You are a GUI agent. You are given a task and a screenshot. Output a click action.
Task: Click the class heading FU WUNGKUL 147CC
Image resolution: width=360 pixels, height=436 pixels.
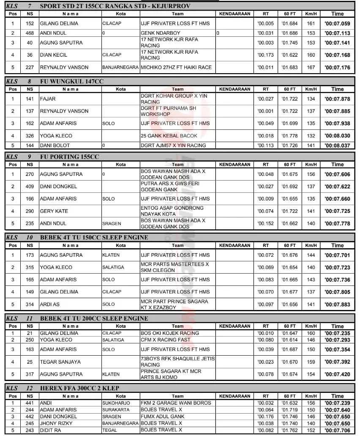coord(71,81)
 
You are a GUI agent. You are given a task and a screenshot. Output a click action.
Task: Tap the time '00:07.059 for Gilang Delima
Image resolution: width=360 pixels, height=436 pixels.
coord(337,24)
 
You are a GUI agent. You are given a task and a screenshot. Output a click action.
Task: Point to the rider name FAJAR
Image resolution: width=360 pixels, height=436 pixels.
coord(48,99)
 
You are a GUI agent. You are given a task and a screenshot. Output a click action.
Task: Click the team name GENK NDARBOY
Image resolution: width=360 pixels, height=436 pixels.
coord(160,33)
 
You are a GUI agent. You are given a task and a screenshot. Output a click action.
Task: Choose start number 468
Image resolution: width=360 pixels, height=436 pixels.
coord(30,33)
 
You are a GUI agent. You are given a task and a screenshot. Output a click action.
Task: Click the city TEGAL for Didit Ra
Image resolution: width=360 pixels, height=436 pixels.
coord(109,430)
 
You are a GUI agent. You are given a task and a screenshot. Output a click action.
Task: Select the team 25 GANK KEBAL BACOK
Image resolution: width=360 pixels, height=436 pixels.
coord(169,136)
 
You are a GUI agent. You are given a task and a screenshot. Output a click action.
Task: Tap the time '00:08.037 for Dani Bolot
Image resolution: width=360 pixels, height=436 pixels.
coord(337,145)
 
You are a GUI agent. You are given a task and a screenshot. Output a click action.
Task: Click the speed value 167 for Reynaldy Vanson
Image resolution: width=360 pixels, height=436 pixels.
coord(311,67)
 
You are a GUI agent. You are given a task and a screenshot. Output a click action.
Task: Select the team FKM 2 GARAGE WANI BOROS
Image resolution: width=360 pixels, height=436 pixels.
coord(176,403)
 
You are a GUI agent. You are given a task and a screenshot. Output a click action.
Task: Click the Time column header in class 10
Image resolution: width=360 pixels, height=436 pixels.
coord(337,245)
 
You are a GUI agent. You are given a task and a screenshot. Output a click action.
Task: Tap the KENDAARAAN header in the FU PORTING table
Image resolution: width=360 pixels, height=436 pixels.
coord(235,165)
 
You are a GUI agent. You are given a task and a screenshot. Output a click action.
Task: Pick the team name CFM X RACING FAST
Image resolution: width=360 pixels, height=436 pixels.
coord(166,340)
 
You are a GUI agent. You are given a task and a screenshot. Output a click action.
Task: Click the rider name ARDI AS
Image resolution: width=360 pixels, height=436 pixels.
coord(49,304)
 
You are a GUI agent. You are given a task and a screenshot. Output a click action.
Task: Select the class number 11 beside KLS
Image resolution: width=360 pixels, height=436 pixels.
coord(30,318)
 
